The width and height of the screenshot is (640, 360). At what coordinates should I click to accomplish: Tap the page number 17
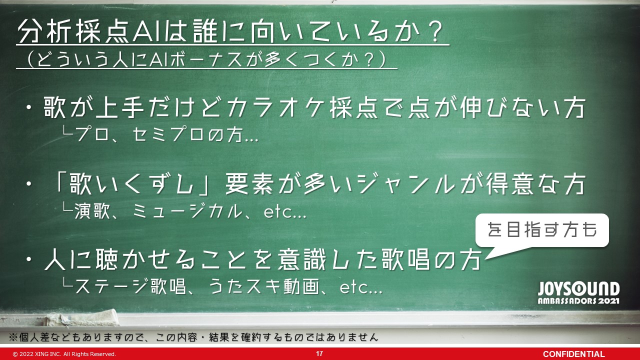click(319, 353)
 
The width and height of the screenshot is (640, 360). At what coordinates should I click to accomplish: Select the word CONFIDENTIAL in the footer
click(573, 354)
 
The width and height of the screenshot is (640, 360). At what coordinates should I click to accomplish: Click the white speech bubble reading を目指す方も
click(542, 230)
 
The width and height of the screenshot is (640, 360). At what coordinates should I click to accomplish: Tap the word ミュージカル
click(187, 211)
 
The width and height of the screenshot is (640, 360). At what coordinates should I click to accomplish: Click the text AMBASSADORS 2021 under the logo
click(578, 301)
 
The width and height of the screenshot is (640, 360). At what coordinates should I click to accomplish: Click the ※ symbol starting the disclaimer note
click(13, 337)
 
